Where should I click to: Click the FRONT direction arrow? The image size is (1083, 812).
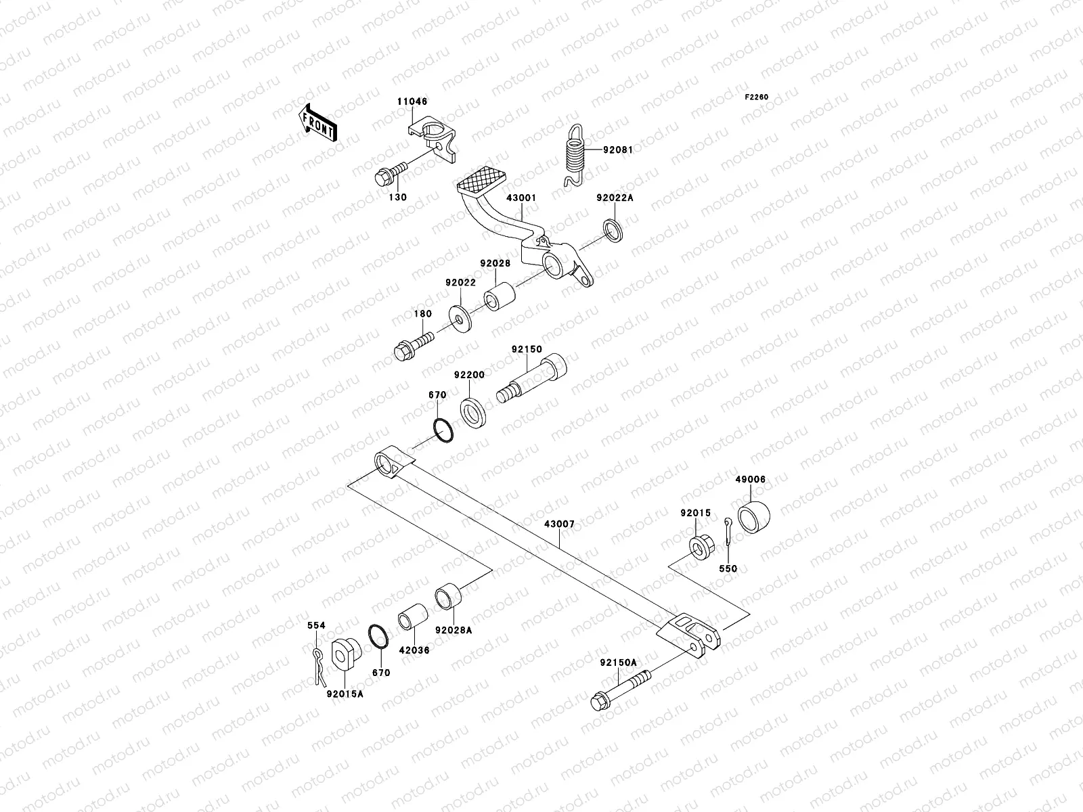coord(318,123)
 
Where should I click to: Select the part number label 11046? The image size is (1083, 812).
coord(412,102)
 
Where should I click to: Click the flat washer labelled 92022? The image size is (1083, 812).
coord(460,317)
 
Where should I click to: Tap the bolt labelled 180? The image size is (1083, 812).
coord(412,343)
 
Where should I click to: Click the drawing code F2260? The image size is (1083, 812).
coord(757,97)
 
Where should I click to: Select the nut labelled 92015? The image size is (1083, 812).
coord(699,545)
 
